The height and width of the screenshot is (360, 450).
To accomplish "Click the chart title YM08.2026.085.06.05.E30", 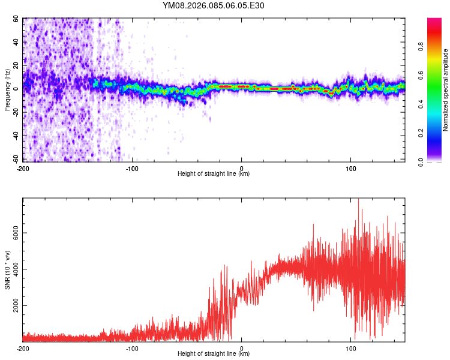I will pyautogui.click(x=214, y=6).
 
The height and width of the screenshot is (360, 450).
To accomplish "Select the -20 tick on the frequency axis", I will pyautogui.click(x=15, y=112).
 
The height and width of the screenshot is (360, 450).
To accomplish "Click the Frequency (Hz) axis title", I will pyautogui.click(x=7, y=90).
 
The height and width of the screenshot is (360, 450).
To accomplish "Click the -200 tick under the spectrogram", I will pyautogui.click(x=23, y=169).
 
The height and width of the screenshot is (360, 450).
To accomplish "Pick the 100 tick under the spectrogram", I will pyautogui.click(x=350, y=169).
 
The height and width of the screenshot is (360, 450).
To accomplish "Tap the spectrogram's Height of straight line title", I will pyautogui.click(x=214, y=174).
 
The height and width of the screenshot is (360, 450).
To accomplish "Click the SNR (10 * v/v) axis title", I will pyautogui.click(x=7, y=270).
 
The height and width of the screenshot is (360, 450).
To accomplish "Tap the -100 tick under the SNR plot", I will pyautogui.click(x=132, y=348).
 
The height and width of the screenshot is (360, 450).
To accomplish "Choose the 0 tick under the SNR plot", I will pyautogui.click(x=241, y=348).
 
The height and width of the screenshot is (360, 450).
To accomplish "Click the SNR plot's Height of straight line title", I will pyautogui.click(x=214, y=354).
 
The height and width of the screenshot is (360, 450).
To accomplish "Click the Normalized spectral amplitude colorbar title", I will pyautogui.click(x=446, y=90).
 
